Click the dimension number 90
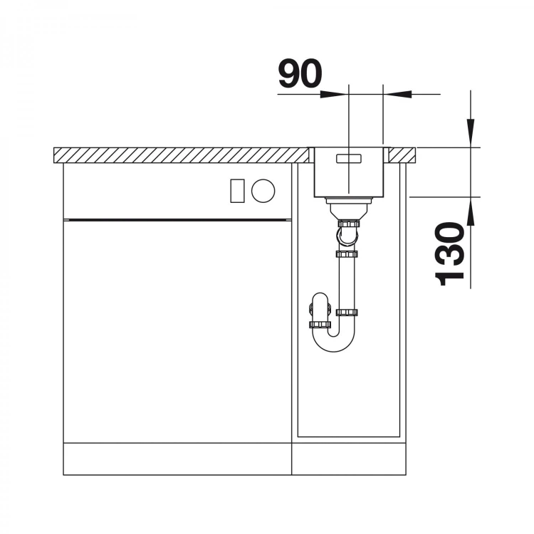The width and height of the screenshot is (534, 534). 300,73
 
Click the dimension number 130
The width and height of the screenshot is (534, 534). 450,253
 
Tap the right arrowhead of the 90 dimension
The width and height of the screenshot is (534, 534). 397,94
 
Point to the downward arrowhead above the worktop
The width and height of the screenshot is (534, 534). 471,133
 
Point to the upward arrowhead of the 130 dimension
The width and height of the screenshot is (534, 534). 471,211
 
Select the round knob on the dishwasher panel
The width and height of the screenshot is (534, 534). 263,191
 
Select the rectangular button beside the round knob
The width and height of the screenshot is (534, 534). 237,191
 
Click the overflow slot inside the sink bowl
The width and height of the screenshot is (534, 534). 348,158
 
